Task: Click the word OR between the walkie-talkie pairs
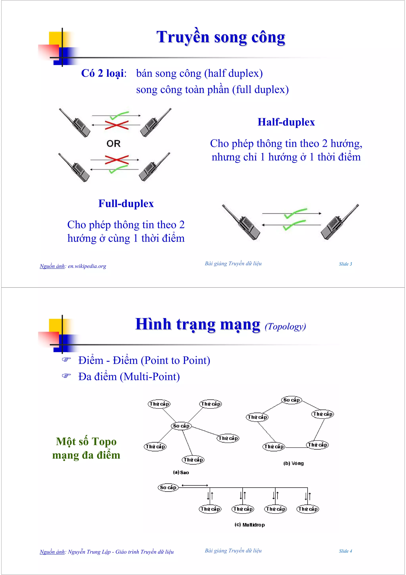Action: click(113, 143)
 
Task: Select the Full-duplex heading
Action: click(126, 203)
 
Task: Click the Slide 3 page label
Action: click(345, 264)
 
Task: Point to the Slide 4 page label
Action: click(345, 551)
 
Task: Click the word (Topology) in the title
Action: click(285, 326)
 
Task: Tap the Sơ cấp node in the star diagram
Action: click(181, 426)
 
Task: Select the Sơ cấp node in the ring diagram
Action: click(291, 400)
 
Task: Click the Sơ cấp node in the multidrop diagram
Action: click(168, 487)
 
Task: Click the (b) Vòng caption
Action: click(293, 463)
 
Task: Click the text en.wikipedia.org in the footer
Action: click(87, 266)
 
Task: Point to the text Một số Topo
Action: click(86, 441)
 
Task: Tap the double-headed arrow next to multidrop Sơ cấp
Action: click(195, 485)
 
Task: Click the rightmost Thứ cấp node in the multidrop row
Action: click(308, 509)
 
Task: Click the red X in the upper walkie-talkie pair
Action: click(117, 125)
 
